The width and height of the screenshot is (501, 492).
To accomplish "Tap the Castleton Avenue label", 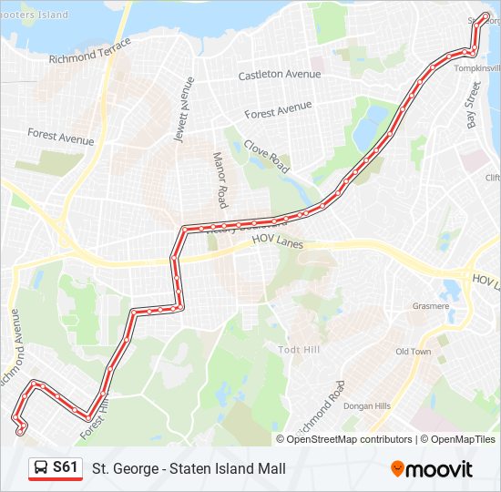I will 280,74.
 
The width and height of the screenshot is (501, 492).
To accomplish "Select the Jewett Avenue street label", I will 185,108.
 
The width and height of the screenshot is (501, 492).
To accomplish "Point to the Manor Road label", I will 220,179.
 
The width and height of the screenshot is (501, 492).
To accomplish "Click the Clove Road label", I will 267,156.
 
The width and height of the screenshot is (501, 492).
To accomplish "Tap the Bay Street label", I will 473,105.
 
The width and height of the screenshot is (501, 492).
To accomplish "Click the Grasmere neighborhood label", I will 430,306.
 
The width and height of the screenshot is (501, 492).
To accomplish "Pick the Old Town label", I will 413,352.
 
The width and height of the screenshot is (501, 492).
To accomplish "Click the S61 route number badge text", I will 66,467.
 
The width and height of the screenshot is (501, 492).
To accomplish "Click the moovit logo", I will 432,469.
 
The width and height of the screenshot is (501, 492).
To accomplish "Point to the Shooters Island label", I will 34,15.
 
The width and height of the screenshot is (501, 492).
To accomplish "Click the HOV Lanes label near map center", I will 277,245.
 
